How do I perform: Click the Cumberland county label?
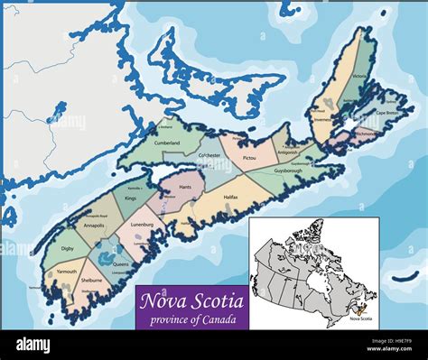[x=166, y=143]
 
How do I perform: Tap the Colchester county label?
[x=210, y=155]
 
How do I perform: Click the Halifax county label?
[x=231, y=197]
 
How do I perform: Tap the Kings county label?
[x=130, y=197]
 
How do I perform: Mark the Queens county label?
[x=121, y=264]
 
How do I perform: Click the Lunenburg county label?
[x=142, y=225]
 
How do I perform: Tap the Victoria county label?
[x=359, y=77]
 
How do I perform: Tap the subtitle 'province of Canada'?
[x=192, y=320]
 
